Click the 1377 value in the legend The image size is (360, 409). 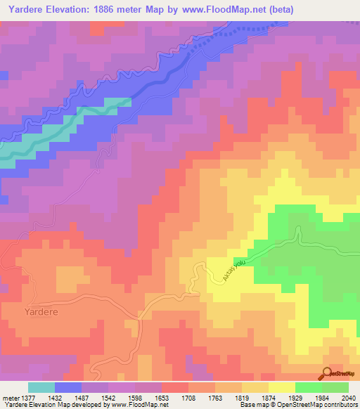coord(28,397)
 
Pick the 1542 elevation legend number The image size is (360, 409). coord(108,397)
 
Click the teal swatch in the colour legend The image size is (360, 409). coord(41,387)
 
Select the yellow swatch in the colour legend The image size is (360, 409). coord(282,387)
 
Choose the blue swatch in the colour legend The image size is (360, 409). coord(68,387)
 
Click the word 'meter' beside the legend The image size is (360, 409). coord(10,397)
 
